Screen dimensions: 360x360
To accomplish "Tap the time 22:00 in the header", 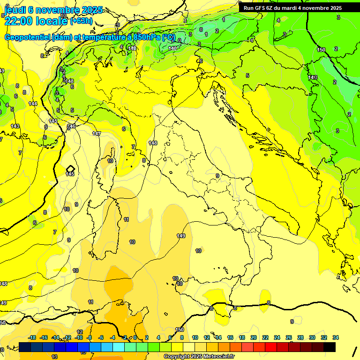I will coord(19,21).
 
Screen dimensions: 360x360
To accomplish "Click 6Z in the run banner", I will coord(270,8).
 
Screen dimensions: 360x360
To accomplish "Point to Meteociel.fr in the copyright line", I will coord(216,357).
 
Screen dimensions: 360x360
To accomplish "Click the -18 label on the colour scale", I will coord(32,337).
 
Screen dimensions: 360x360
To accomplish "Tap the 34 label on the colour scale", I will coord(335,337).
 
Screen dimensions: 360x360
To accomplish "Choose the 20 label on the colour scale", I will coord(253,337).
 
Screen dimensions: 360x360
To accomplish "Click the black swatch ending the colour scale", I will coord(330,347).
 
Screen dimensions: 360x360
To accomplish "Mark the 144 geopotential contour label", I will coord(33,104).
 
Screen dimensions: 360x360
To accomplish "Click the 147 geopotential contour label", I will coord(97,134).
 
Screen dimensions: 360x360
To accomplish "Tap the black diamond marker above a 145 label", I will coord(70,168).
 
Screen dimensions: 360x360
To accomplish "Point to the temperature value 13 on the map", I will coord(54,357).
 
